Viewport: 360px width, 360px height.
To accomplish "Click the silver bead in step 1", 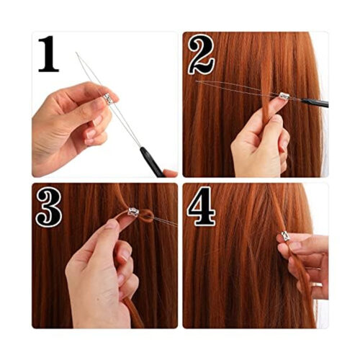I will coord(108,99).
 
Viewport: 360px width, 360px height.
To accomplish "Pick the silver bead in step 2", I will coord(284,96).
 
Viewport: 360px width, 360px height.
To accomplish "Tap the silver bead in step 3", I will coord(133,212).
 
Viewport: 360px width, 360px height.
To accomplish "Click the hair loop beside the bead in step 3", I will coord(146,215).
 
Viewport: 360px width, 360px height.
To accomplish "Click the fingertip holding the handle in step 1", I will coord(170,173).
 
